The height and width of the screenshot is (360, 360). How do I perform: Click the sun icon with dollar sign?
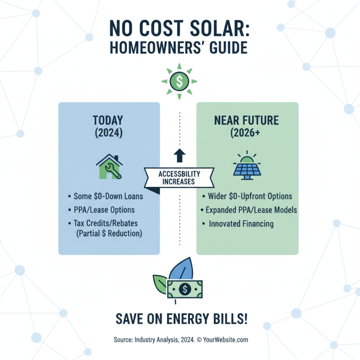[x=180, y=81]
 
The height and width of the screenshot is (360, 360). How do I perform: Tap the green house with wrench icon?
[x=109, y=167]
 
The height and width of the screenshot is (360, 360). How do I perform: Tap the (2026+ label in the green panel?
[x=247, y=134]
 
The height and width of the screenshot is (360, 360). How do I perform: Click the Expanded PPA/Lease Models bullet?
[x=247, y=210]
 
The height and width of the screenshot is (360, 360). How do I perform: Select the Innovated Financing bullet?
[x=241, y=224]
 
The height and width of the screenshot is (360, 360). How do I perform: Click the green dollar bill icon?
[x=185, y=289]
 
